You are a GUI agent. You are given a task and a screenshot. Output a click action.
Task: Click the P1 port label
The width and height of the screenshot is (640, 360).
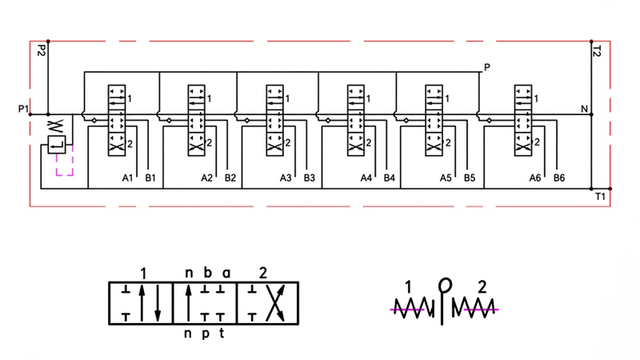(x=24, y=109)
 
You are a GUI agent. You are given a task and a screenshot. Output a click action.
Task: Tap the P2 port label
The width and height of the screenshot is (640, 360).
(x=41, y=50)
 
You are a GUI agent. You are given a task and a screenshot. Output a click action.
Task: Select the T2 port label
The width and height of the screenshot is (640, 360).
(x=597, y=51)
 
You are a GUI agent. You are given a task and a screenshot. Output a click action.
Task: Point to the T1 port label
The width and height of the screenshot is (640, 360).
(x=600, y=197)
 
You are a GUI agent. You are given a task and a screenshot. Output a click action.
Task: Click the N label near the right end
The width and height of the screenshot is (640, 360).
(x=585, y=109)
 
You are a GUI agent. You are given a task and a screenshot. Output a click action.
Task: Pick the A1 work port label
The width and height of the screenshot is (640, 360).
(x=128, y=178)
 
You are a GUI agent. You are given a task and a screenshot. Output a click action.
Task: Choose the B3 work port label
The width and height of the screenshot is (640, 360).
(x=310, y=178)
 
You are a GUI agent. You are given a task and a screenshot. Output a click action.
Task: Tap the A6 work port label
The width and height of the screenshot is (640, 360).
(x=535, y=178)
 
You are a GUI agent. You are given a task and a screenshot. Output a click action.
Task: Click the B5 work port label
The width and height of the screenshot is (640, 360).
(x=470, y=178)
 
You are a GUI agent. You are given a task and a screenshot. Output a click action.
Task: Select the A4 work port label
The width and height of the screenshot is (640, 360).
(x=366, y=178)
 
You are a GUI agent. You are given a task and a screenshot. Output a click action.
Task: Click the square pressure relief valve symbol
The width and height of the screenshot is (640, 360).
(x=57, y=145)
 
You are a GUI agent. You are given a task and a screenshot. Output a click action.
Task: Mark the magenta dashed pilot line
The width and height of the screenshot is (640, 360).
(x=65, y=175)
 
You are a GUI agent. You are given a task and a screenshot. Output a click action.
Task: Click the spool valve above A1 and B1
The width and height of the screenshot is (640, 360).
(x=117, y=121)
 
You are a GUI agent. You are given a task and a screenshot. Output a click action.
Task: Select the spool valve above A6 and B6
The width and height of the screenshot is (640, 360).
(x=523, y=121)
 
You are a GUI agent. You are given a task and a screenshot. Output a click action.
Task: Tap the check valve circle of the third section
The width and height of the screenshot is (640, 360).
(x=247, y=121)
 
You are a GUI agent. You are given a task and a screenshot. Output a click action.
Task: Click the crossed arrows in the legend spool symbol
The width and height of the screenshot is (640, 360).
(x=275, y=303)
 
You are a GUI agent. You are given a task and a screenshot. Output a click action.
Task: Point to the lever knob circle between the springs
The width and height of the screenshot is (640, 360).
(x=445, y=285)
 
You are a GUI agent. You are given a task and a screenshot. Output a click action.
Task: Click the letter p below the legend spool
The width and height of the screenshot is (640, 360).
(x=206, y=334)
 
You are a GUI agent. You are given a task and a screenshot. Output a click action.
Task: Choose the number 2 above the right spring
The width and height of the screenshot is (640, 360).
(x=482, y=287)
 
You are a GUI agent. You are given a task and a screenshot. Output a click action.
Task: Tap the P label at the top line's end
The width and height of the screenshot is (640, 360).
(x=487, y=67)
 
